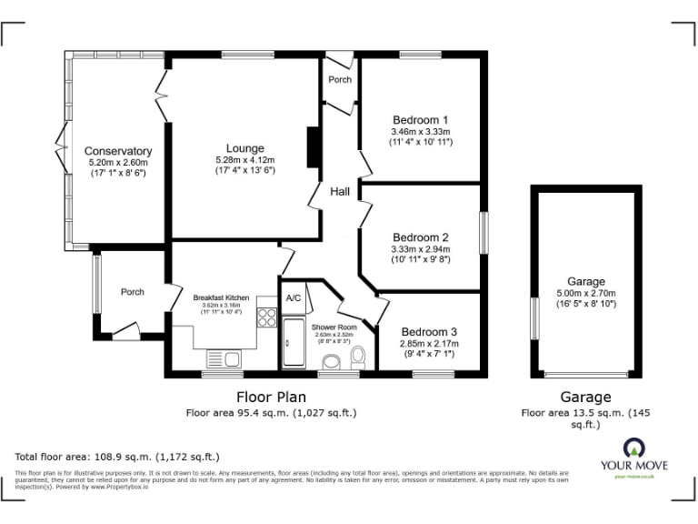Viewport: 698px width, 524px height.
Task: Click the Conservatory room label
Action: pyautogui.click(x=117, y=151)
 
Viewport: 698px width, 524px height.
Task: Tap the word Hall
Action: pyautogui.click(x=340, y=192)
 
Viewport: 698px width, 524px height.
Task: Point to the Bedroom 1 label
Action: pyautogui.click(x=420, y=120)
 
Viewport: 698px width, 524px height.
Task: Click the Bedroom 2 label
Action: pyautogui.click(x=420, y=237)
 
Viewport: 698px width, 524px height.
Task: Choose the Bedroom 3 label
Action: pyautogui.click(x=429, y=332)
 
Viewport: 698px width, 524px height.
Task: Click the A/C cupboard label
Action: pyautogui.click(x=294, y=298)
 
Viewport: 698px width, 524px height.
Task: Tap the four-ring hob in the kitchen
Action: pyautogui.click(x=267, y=317)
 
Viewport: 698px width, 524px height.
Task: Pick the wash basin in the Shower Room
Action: pyautogui.click(x=331, y=362)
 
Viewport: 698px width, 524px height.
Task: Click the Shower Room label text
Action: pyautogui.click(x=334, y=327)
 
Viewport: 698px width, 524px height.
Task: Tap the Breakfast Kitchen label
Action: pyautogui.click(x=221, y=297)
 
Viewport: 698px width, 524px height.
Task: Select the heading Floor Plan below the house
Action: pyautogui.click(x=271, y=397)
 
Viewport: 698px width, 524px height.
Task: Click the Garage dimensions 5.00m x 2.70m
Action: pyautogui.click(x=585, y=294)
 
